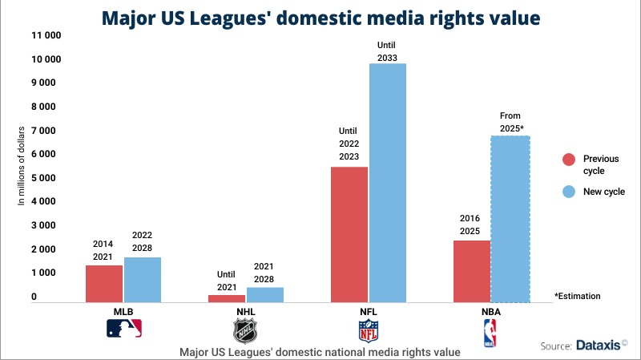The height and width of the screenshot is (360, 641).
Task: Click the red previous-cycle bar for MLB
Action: (x=104, y=283)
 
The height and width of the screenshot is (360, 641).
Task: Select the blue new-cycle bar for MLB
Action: (x=142, y=279)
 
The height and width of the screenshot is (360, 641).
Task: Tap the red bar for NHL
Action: (x=227, y=298)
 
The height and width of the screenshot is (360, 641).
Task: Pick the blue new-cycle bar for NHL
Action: (x=264, y=294)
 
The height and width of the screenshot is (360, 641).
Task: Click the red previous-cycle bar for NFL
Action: (x=349, y=234)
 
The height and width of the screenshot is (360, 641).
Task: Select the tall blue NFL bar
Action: (x=387, y=183)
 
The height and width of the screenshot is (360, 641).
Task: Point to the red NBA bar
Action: (x=472, y=271)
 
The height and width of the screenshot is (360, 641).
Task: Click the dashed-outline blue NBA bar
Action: (x=510, y=219)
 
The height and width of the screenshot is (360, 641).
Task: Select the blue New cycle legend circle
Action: (x=567, y=192)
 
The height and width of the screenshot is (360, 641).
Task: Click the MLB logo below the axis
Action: (x=123, y=327)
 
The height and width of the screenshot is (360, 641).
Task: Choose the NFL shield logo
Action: (x=368, y=330)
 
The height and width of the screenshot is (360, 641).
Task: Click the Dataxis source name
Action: (x=599, y=346)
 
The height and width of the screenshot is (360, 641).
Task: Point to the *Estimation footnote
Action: (x=577, y=296)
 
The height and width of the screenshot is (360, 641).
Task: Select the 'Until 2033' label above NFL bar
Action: (x=387, y=51)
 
